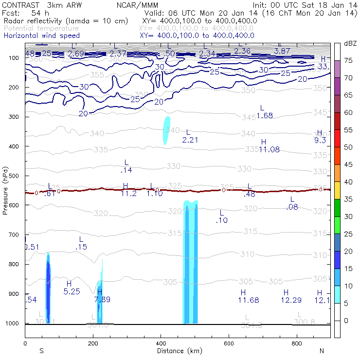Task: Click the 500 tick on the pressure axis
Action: tap(18, 176)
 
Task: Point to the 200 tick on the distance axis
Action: tap(93, 343)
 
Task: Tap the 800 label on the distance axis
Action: tap(297, 343)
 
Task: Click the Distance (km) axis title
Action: tap(178, 351)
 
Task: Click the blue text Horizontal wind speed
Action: tap(41, 36)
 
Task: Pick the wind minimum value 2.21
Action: tap(190, 140)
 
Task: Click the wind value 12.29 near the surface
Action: tap(291, 300)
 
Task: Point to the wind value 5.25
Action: tap(72, 291)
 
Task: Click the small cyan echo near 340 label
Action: tap(166, 129)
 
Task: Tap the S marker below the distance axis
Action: tap(42, 351)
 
